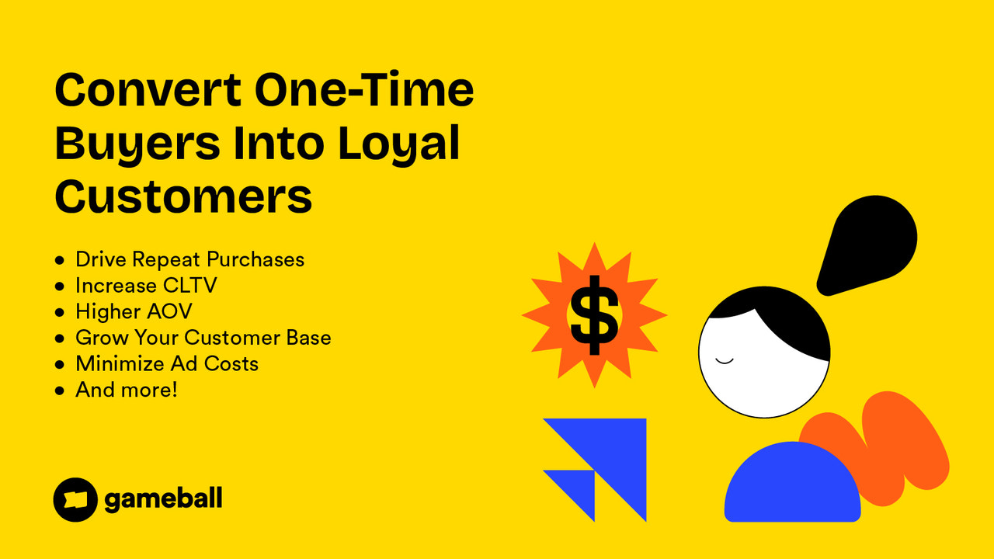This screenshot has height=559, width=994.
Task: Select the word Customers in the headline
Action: point(183,196)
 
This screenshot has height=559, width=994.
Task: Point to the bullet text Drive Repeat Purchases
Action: point(189,259)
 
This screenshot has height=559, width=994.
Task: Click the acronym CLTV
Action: point(189,286)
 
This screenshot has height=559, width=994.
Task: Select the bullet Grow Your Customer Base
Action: point(203,338)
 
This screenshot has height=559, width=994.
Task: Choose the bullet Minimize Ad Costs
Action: point(166,363)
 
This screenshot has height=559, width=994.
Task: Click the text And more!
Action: point(126,389)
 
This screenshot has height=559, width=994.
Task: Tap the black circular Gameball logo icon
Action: point(75,499)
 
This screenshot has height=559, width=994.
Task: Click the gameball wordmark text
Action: point(163,499)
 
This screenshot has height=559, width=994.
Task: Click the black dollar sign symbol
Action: point(594,314)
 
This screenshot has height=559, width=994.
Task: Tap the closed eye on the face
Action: point(724,360)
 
